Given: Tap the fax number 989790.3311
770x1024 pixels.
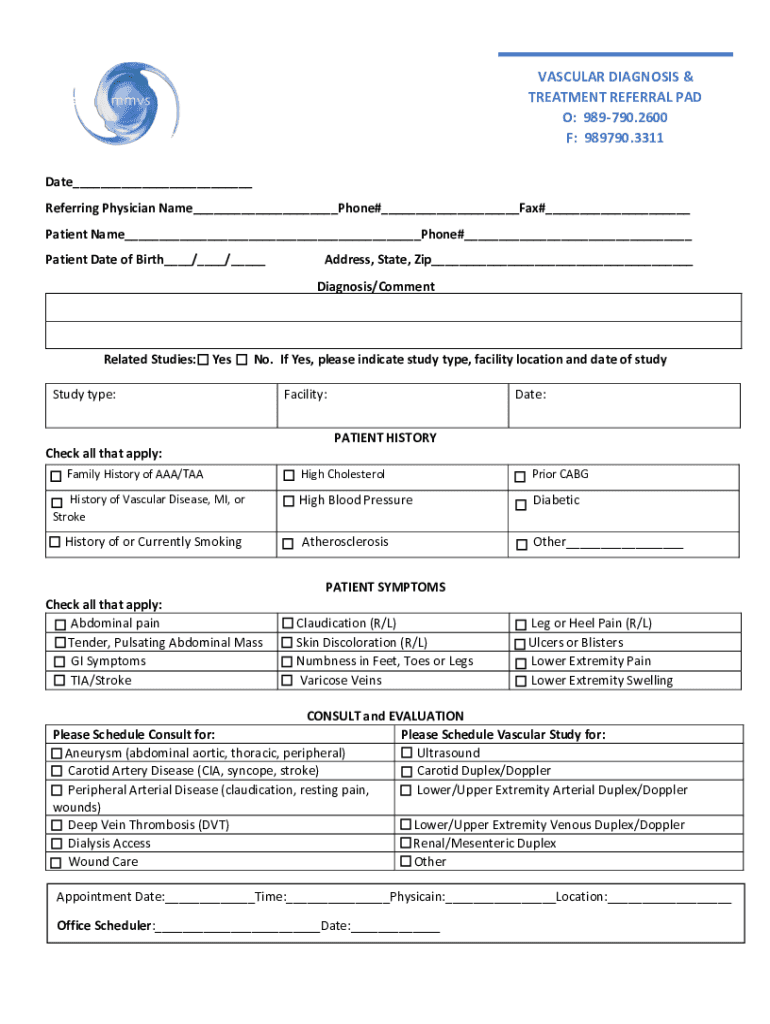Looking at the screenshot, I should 615,138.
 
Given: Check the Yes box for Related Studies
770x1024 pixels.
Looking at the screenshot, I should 204,360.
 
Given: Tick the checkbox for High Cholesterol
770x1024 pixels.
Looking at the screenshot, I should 289,475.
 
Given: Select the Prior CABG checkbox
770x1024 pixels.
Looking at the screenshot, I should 520,476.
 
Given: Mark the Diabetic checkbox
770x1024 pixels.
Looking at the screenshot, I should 520,505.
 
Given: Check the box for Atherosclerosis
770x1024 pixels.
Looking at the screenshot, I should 289,544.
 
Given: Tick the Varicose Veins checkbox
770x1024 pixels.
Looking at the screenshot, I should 288,681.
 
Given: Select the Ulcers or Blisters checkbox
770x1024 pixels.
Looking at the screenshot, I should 520,644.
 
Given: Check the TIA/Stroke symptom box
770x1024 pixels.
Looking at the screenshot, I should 59,681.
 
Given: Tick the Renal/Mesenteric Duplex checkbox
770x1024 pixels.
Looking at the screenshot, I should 406,843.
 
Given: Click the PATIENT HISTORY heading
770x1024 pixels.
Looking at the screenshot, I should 385,438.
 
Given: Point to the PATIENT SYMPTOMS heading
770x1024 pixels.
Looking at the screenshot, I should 385,587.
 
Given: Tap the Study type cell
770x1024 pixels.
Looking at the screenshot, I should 160,404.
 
